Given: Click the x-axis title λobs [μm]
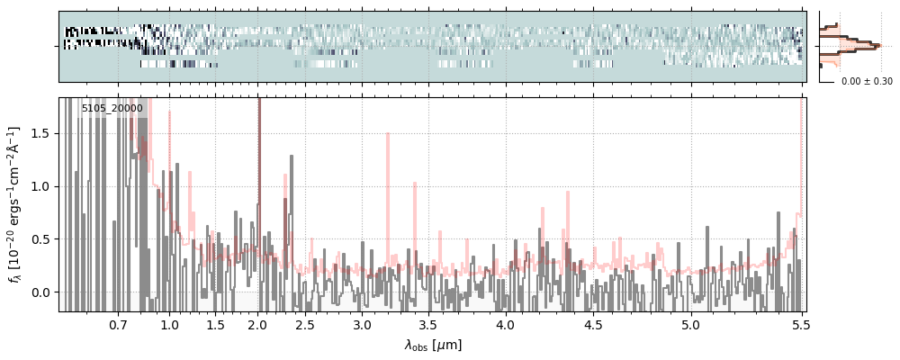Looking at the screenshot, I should click(x=433, y=345).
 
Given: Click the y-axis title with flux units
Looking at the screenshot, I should click(x=14, y=204).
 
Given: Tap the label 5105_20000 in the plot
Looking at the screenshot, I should click(x=112, y=108).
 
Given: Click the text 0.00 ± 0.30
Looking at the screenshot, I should click(x=867, y=81).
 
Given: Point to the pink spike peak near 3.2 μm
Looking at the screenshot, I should click(x=388, y=134).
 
